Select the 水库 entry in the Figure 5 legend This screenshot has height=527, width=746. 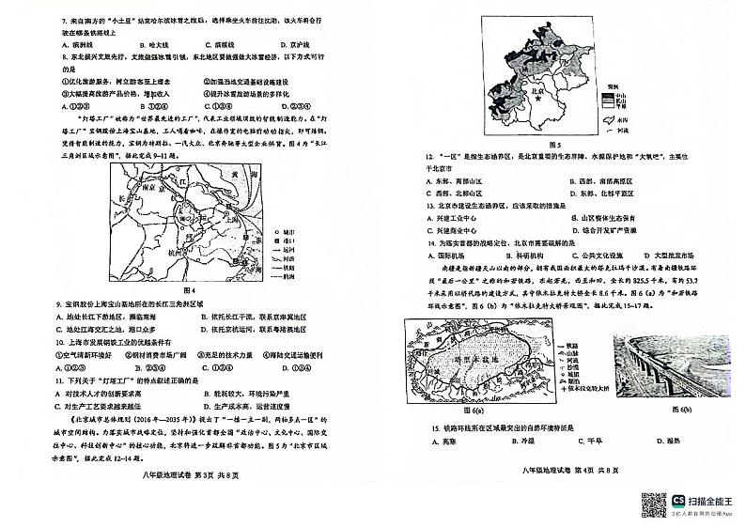[615, 121]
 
